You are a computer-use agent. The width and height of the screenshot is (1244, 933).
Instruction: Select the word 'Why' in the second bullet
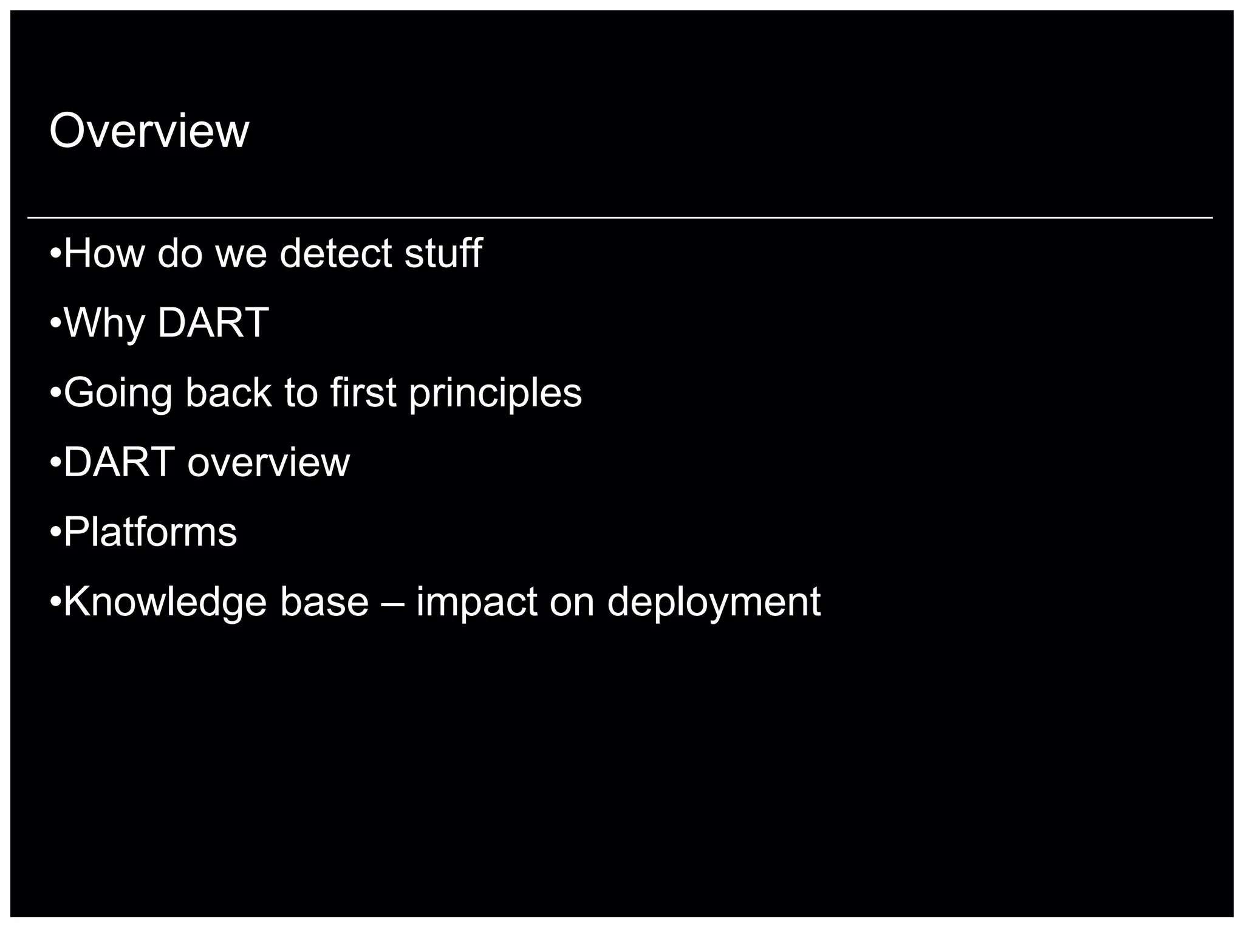[104, 323]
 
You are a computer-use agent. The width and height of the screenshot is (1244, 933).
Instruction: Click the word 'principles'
[495, 394]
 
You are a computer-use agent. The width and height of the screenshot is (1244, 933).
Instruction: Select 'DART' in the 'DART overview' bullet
[119, 462]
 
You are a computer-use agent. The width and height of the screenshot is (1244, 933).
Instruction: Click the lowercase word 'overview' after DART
[268, 463]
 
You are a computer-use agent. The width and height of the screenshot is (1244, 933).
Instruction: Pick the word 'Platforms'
[150, 532]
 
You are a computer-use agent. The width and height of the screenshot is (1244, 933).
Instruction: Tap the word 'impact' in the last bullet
[477, 603]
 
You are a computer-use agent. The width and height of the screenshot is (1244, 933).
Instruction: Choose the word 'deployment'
[714, 603]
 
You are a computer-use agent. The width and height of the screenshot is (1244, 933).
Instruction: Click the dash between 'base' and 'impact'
[392, 603]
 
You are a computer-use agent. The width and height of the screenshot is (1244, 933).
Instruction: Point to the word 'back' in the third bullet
[228, 392]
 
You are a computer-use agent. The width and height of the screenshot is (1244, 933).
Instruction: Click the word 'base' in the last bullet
[324, 602]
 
